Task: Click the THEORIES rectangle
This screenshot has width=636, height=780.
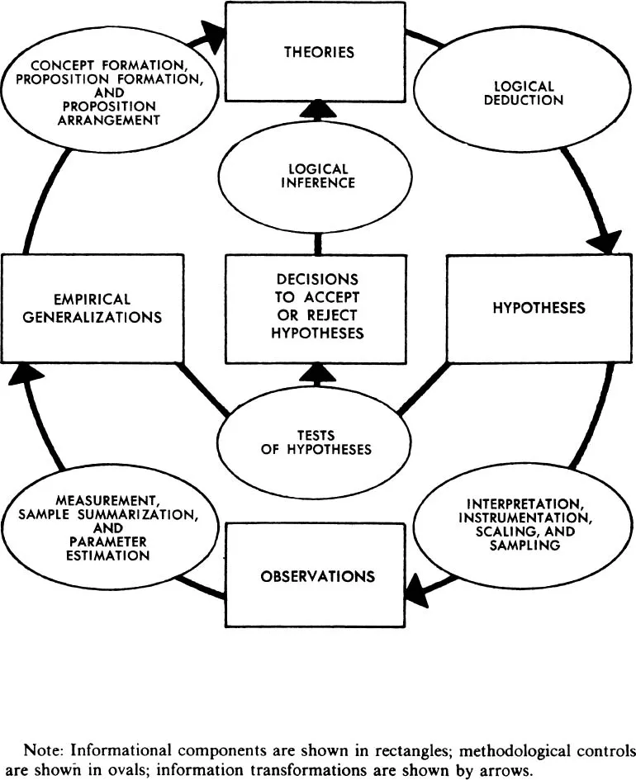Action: tap(315, 52)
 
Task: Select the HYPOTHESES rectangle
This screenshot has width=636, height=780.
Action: tap(539, 308)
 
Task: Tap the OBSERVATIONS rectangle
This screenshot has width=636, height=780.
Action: tap(317, 575)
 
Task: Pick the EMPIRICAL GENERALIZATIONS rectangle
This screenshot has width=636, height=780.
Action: tap(93, 308)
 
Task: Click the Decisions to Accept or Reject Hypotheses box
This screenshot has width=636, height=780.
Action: tap(317, 307)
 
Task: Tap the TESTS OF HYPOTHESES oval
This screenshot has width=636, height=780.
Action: tap(317, 442)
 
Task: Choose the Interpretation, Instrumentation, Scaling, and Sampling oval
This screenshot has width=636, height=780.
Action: tap(518, 524)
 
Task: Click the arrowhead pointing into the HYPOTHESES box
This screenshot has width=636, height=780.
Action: tap(605, 241)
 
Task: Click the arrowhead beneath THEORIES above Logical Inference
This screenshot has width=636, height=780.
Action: tap(316, 109)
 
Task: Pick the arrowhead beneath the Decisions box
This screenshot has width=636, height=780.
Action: tap(316, 374)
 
